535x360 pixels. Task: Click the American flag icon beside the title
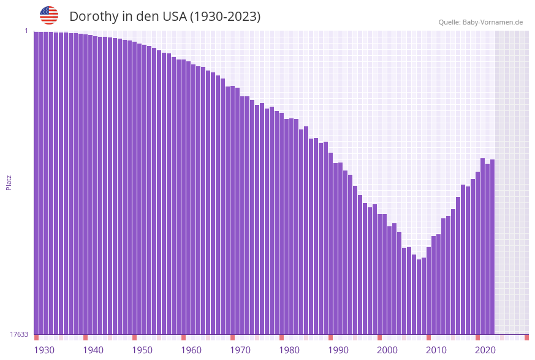point(49,15)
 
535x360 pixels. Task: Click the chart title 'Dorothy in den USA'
point(165,17)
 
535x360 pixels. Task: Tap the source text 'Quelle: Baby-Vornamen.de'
point(480,22)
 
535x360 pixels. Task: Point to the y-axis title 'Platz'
point(9,182)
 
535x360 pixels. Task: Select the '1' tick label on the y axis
point(26,31)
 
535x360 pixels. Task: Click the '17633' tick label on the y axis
point(19,334)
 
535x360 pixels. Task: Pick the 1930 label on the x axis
point(44,350)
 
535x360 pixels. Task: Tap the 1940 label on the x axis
point(93,350)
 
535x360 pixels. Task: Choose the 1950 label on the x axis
point(142,350)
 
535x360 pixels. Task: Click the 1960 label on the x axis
point(191,350)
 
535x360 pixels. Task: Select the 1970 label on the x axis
point(240,350)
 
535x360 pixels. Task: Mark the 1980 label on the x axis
point(289,350)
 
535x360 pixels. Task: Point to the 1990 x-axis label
point(338,350)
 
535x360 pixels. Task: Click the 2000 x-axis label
point(387,350)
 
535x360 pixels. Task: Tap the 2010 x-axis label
point(436,350)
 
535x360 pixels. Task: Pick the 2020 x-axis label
point(485,350)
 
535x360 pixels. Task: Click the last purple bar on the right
point(492,245)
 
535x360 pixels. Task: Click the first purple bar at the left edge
point(36,184)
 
